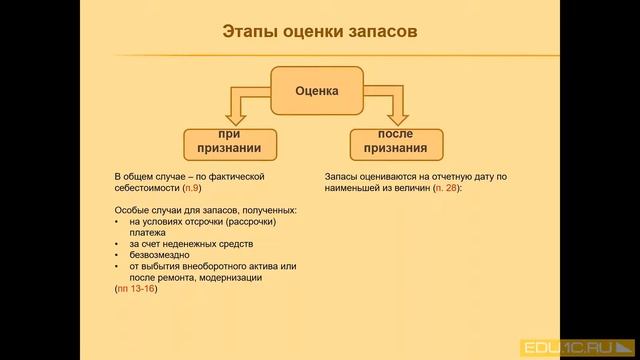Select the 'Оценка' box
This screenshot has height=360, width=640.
(x=317, y=91)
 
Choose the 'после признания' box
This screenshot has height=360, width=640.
(x=398, y=142)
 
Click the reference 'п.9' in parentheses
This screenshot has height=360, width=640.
(x=193, y=187)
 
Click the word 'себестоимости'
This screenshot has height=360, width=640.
(x=147, y=187)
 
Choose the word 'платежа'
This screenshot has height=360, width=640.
(x=147, y=232)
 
